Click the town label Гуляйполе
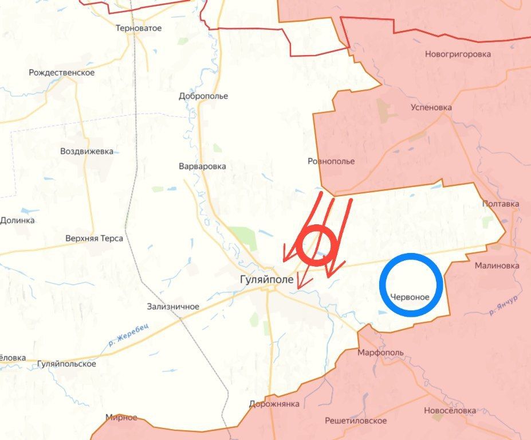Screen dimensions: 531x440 (x=267, y=280)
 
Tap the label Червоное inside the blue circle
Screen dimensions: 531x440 (x=410, y=297)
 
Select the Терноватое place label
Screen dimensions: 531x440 (x=139, y=28)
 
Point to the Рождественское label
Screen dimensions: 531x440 (x=62, y=73)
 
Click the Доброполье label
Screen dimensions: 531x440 (x=203, y=96)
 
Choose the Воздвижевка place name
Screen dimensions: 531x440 (x=86, y=152)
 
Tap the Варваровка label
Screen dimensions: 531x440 (x=202, y=166)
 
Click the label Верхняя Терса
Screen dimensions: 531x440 (x=95, y=238)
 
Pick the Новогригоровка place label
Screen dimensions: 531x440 (x=458, y=54)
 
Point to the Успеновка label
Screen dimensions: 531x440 (x=431, y=107)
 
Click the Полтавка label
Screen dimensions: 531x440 (x=501, y=204)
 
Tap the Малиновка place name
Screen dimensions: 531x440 (x=497, y=266)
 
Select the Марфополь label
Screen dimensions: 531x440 (x=380, y=352)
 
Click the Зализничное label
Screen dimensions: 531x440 (x=173, y=306)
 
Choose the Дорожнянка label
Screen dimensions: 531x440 (x=274, y=404)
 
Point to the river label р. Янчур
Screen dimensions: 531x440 (x=504, y=305)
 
